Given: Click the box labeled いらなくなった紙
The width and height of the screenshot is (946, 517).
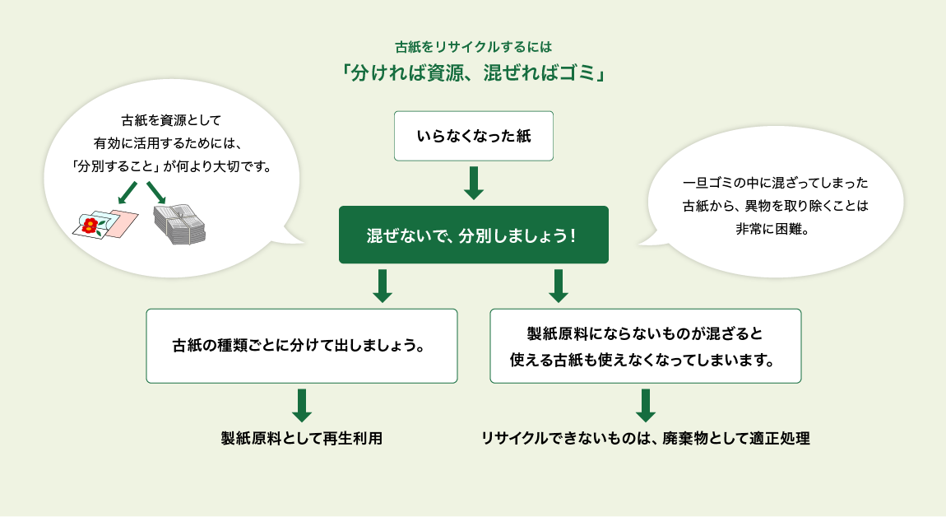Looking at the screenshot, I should click(x=473, y=136).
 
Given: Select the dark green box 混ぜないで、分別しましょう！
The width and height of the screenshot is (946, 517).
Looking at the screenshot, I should click(x=473, y=235).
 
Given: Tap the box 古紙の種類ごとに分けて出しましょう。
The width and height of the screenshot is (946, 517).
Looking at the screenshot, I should click(x=301, y=346).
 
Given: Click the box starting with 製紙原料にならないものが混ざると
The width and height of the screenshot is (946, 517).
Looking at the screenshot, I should click(x=645, y=346).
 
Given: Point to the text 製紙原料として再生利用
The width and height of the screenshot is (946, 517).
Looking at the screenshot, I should click(x=302, y=438).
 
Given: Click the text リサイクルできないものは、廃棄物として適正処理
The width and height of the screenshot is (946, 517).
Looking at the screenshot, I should click(x=646, y=438).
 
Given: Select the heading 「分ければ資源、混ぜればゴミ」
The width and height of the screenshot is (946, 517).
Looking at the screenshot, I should click(x=473, y=73).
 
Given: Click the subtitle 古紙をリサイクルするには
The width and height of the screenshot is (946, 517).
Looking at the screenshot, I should click(x=473, y=47).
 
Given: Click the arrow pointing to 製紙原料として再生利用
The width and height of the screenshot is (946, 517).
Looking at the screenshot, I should click(x=302, y=405).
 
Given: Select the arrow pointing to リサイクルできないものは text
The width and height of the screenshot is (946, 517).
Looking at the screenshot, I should click(x=646, y=405).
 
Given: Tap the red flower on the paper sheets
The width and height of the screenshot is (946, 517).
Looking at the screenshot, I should click(x=90, y=224).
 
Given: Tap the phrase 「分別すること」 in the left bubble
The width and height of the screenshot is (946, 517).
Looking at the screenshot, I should click(x=114, y=165).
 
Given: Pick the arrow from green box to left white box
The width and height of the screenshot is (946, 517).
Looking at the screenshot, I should click(x=381, y=286).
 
